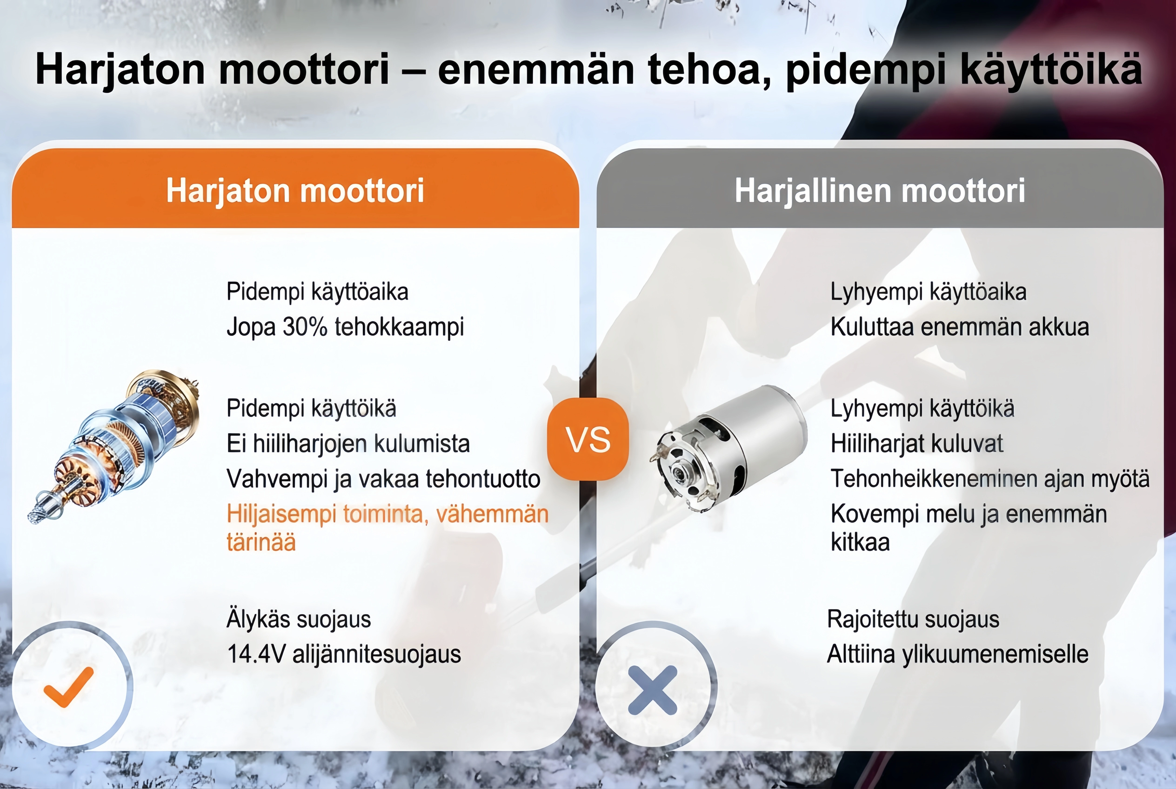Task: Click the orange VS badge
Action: (x=588, y=439)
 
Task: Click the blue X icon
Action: (x=653, y=690)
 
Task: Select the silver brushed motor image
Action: (x=731, y=449)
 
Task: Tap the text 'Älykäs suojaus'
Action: (x=299, y=619)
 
